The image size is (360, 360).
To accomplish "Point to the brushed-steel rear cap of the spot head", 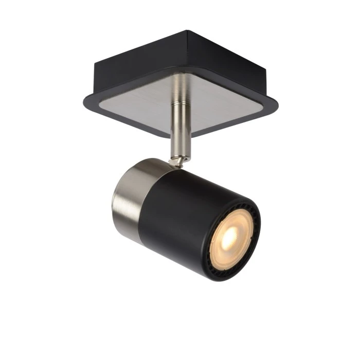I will (126, 193).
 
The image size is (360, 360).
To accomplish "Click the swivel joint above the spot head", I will (177, 161).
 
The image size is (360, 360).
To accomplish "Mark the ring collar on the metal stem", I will (180, 105).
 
